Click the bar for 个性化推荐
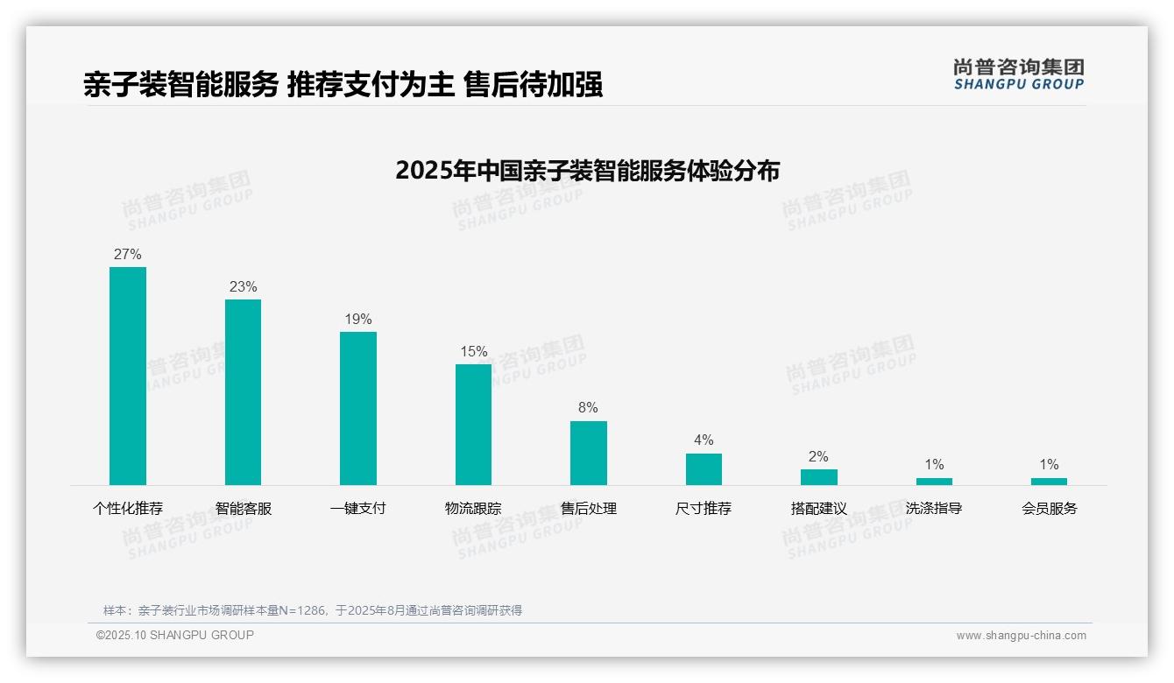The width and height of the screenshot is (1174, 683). click(128, 376)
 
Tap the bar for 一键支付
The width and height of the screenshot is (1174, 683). click(358, 408)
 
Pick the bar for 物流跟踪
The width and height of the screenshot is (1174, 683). click(473, 425)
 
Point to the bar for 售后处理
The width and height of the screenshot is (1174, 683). click(588, 453)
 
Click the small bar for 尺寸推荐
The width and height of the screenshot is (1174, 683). click(704, 469)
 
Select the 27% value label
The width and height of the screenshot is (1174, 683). click(128, 255)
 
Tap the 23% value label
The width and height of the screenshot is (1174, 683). click(243, 287)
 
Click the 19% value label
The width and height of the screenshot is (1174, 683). click(358, 320)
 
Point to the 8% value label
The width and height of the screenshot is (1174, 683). click(588, 408)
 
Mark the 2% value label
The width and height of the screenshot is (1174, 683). click(818, 457)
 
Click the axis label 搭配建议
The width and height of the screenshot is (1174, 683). click(818, 509)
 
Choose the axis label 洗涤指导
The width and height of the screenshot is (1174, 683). click(934, 509)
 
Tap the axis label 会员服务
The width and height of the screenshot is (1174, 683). click(1049, 509)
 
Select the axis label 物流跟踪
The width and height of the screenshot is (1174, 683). click(473, 509)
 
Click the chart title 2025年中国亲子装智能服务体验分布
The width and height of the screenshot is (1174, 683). click(587, 171)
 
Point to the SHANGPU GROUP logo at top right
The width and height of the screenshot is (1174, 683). click(1018, 74)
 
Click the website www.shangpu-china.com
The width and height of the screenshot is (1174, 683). click(1021, 636)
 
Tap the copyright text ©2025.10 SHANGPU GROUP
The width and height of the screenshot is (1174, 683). click(175, 635)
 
